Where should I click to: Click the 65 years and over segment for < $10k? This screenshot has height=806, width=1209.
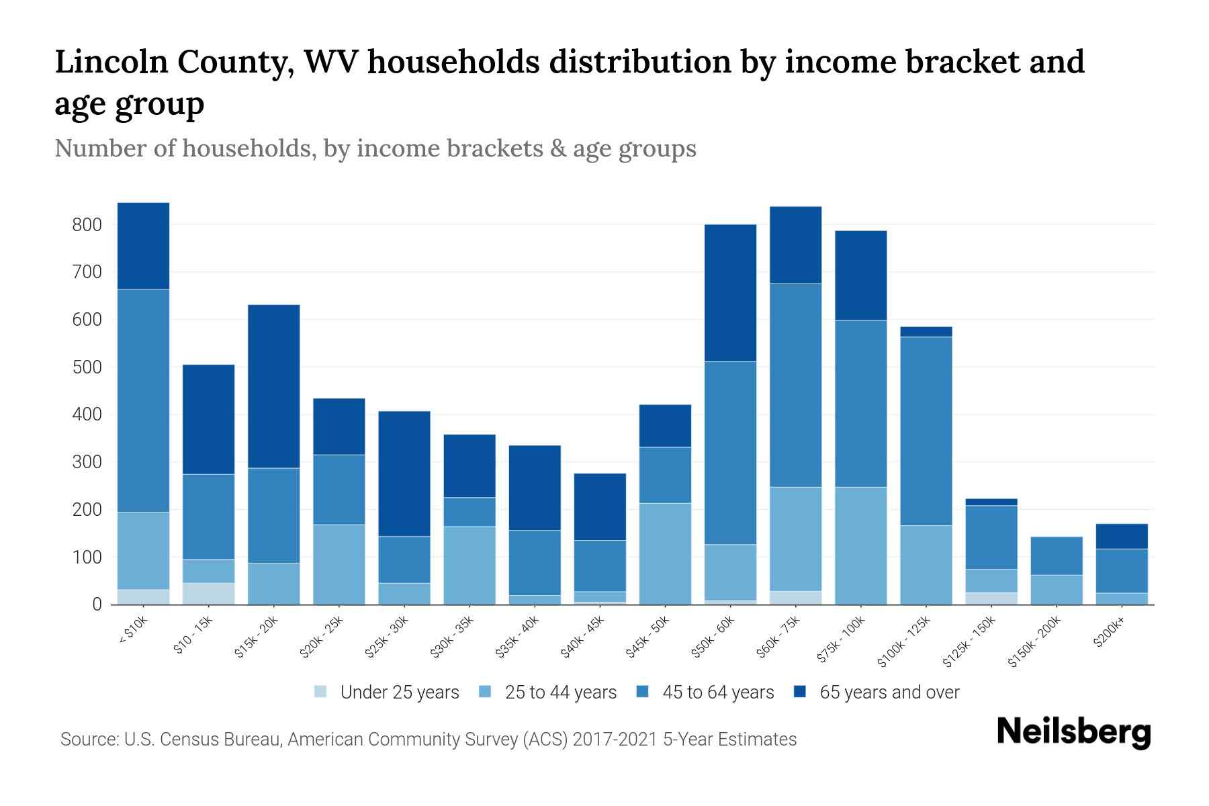coord(143,246)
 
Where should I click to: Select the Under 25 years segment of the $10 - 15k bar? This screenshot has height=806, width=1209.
coord(208,593)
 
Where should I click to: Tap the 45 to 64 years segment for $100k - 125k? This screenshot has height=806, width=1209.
coord(926,431)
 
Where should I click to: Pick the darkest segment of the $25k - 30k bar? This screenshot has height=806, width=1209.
coord(404,474)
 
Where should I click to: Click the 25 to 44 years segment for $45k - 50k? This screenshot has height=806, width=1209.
coord(665,553)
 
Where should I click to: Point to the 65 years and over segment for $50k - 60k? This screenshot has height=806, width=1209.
coord(730,293)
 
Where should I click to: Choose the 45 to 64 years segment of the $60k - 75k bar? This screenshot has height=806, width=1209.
coord(795,385)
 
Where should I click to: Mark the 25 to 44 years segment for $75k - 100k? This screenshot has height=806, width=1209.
coord(860,545)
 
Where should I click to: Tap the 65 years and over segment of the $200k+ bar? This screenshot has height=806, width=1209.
coord(1122,536)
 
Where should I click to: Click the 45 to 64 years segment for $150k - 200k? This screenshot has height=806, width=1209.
coord(1057,555)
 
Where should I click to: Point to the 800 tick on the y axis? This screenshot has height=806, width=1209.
coord(87,224)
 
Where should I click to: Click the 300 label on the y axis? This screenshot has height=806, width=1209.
coord(87,462)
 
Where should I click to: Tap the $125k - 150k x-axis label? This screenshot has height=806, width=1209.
coord(969,643)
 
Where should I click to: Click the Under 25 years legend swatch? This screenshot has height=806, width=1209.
coord(320,692)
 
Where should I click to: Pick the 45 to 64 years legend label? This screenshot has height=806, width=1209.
coord(718,692)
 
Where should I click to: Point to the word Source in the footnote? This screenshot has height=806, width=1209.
coord(87,740)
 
